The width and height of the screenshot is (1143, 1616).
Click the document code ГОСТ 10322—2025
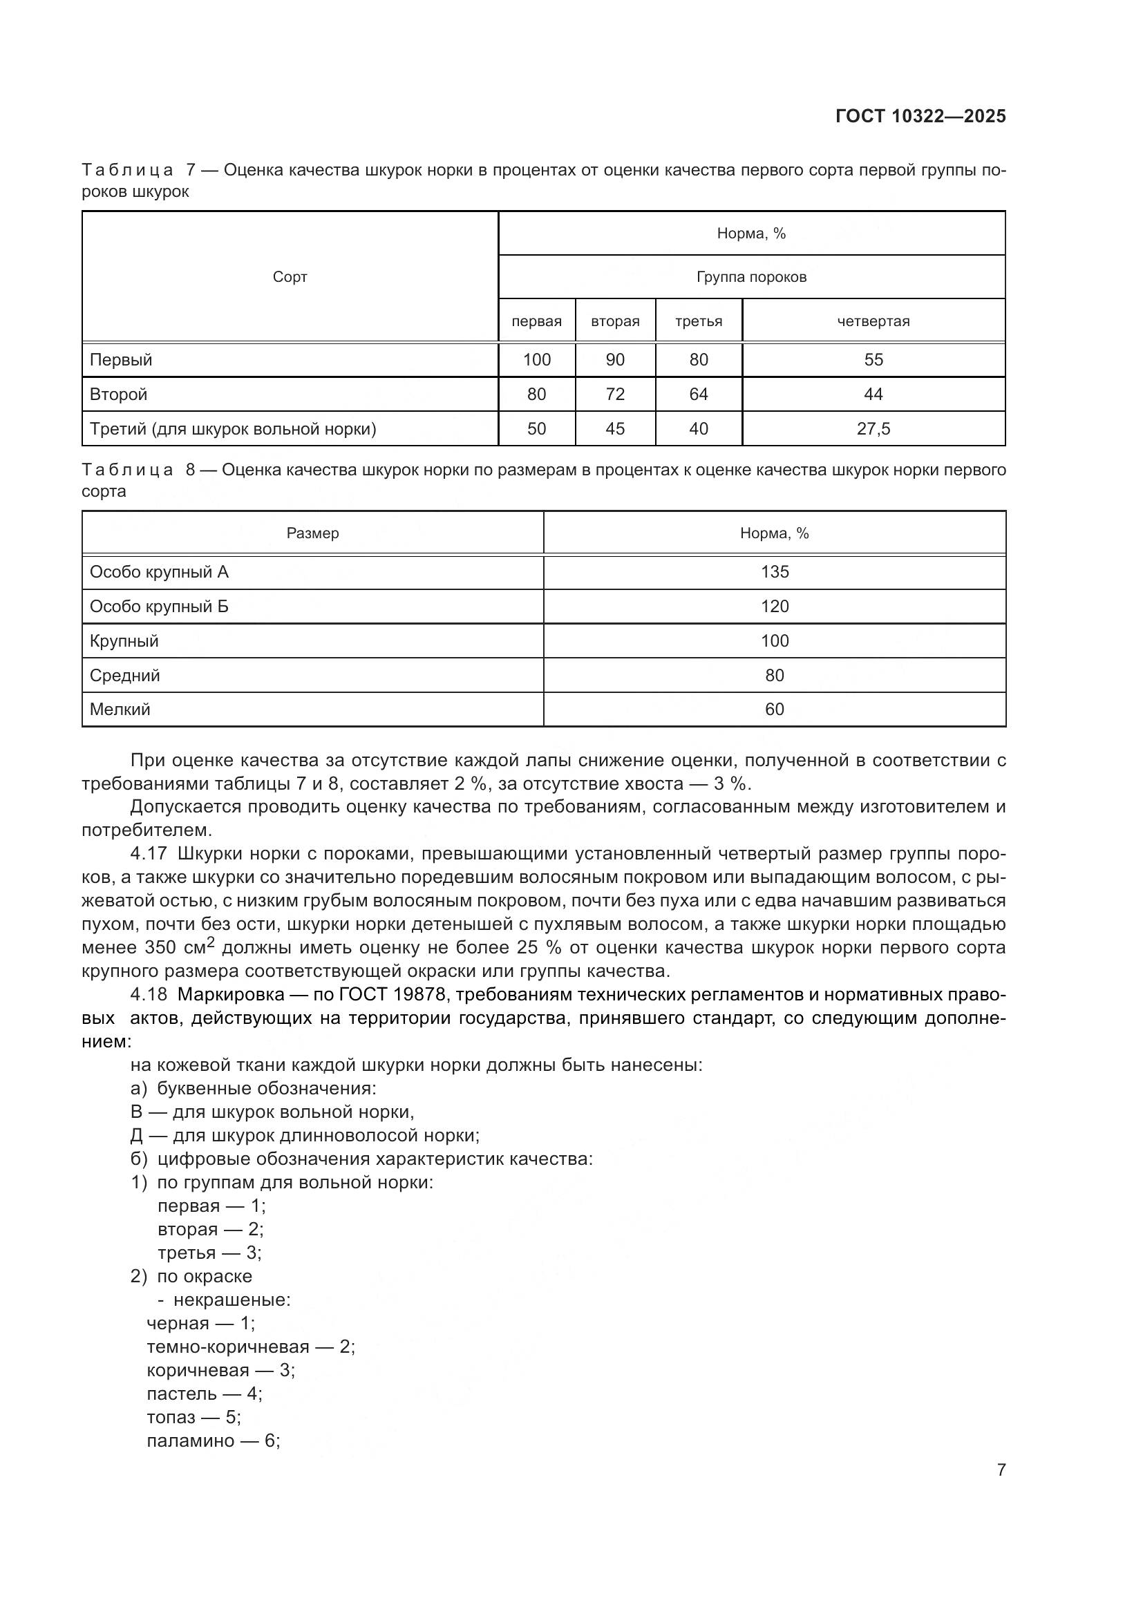(920, 116)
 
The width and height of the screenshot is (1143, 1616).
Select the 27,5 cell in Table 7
(873, 428)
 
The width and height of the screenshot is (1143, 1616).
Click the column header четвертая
(873, 322)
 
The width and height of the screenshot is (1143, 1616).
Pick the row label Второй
(118, 394)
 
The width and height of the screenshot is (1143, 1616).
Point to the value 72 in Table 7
(614, 394)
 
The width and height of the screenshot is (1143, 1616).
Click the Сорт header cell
(290, 277)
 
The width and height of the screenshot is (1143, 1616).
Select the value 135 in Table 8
(774, 571)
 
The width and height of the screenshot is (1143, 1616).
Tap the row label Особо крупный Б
(159, 606)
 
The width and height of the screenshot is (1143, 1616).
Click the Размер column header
(312, 533)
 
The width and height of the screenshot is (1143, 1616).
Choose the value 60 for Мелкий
(774, 710)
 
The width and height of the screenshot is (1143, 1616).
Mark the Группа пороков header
(751, 277)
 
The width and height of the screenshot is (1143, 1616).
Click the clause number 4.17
(149, 854)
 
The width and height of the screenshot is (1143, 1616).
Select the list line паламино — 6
(214, 1441)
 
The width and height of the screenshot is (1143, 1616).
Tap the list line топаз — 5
(193, 1417)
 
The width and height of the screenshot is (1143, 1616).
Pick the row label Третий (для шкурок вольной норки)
(233, 428)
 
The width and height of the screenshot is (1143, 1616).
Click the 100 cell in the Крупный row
(774, 640)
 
